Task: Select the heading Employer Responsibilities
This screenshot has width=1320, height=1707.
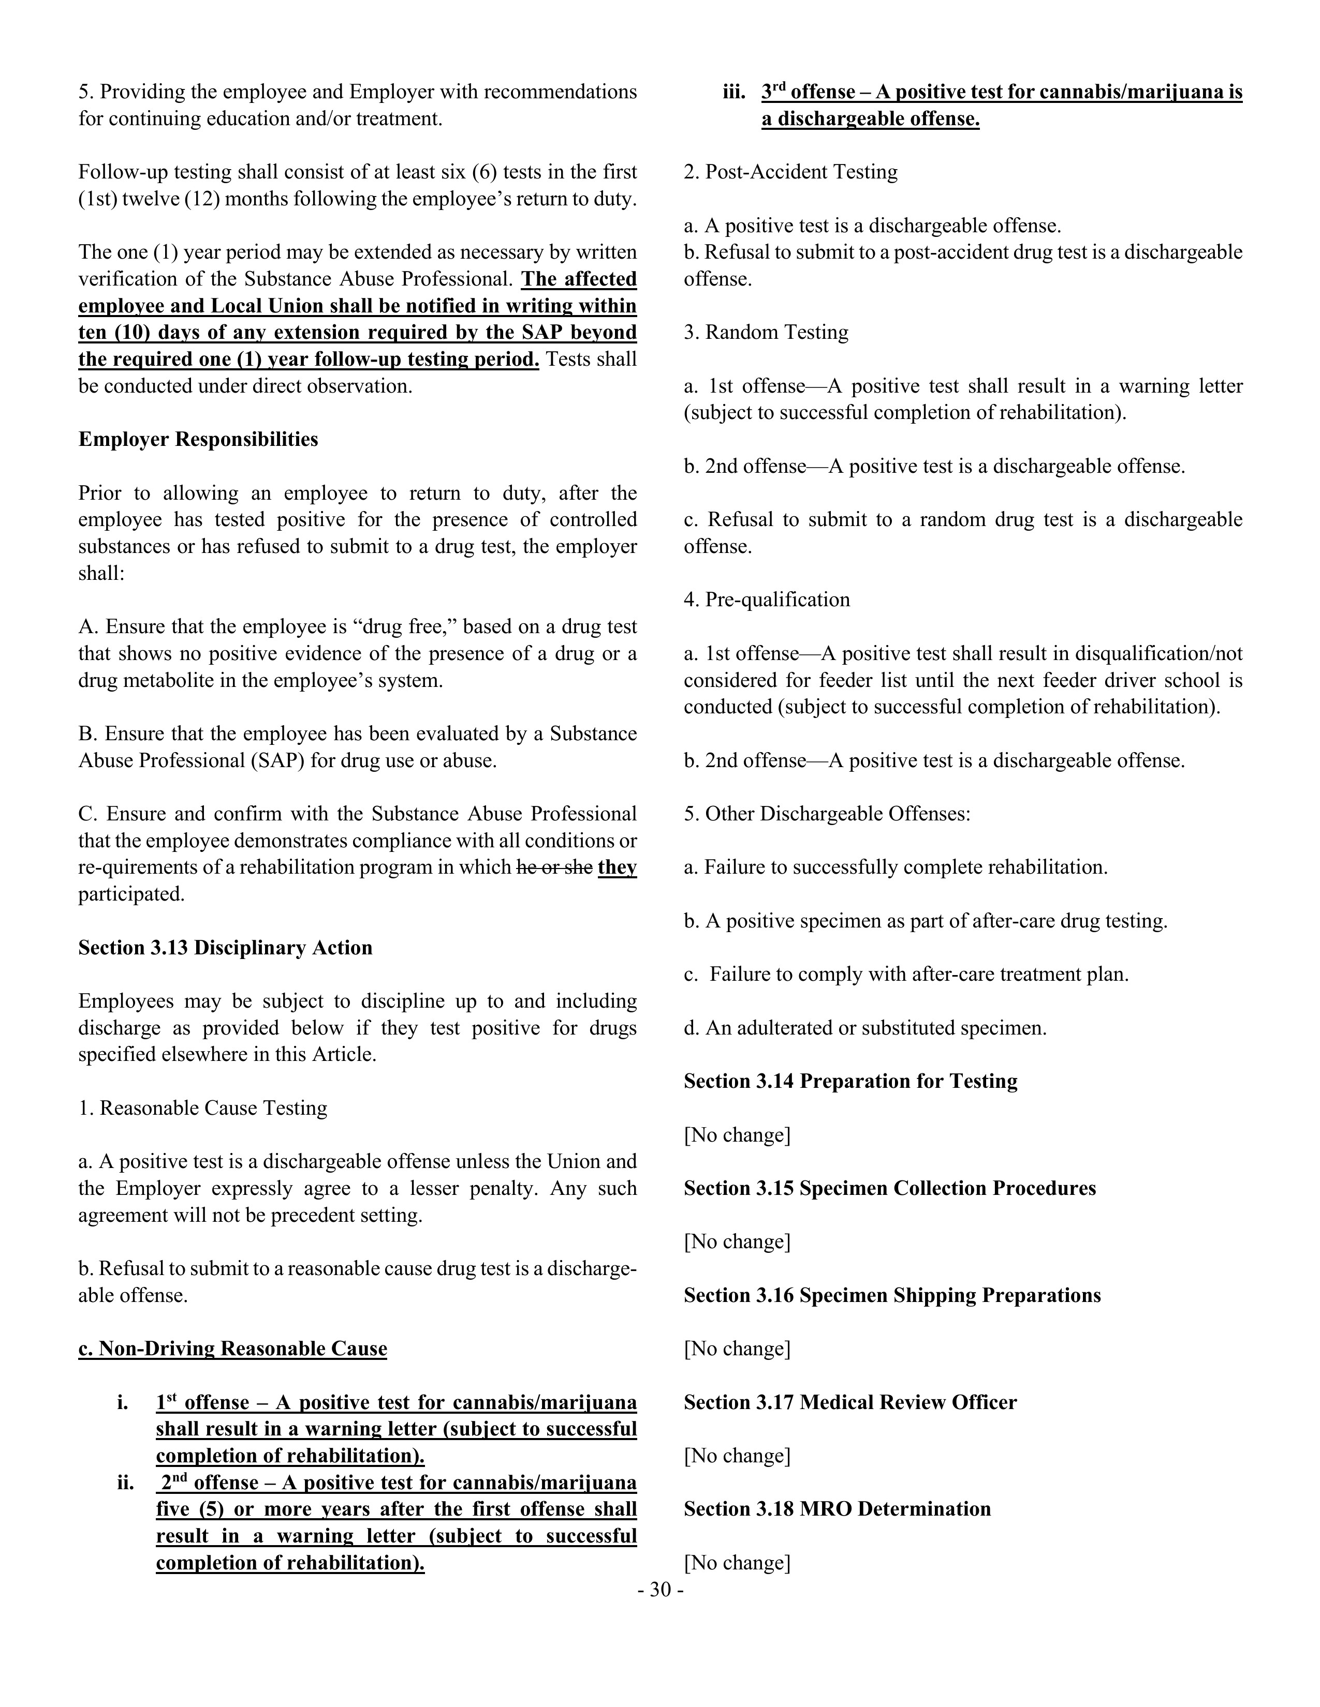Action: tap(198, 439)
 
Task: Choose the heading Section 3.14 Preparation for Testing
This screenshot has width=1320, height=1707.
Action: tap(850, 1081)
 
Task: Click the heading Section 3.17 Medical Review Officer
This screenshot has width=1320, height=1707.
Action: tap(850, 1402)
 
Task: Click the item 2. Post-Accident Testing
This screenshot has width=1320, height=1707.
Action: tap(790, 172)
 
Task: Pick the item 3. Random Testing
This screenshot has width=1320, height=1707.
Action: tap(766, 332)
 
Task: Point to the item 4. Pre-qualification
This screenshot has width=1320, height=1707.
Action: tap(766, 600)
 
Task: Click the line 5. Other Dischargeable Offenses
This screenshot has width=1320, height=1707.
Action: tap(827, 814)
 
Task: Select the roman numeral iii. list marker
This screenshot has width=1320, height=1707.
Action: tap(734, 92)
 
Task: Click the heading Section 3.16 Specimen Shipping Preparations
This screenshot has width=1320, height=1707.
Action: tap(891, 1295)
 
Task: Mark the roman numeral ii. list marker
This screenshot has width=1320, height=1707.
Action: tap(126, 1483)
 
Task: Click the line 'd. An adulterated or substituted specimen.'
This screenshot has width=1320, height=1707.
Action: tap(865, 1028)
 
